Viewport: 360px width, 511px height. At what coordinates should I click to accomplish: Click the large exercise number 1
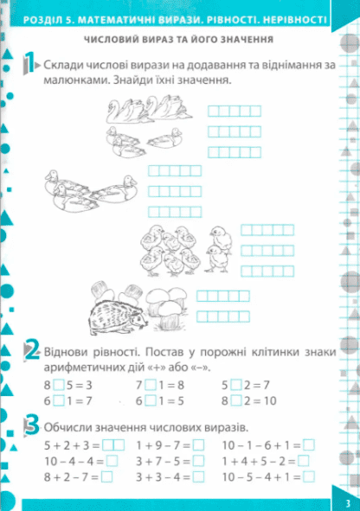coord(29,62)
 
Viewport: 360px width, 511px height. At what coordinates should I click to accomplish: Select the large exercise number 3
coord(32,425)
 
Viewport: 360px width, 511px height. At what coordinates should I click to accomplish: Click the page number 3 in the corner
coord(348,503)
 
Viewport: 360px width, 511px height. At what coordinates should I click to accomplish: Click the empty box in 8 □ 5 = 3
coord(59,385)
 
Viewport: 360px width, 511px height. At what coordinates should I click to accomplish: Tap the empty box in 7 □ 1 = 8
coord(151,385)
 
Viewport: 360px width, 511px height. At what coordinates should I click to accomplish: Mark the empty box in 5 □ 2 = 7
coord(235,385)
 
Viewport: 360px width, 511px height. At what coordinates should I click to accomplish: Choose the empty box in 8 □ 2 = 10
coord(235,400)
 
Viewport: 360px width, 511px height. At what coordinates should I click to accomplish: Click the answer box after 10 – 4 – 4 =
coord(112,461)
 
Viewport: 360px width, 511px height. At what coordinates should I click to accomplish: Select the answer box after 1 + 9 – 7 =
coord(198,444)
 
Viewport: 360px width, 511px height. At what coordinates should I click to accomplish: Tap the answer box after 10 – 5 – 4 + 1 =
coord(309,476)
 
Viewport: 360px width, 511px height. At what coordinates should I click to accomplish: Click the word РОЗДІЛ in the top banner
coord(42,21)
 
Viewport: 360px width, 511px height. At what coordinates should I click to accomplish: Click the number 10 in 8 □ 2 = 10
coord(270,400)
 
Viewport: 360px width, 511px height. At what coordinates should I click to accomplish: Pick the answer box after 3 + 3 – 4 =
coord(198,476)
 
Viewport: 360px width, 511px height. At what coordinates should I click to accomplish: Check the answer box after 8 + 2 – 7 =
coord(107,476)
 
